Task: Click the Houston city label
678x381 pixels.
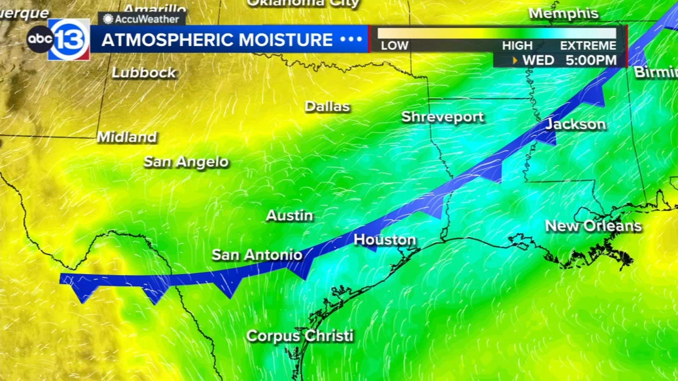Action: [x=385, y=240]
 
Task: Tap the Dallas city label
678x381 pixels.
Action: [x=327, y=106]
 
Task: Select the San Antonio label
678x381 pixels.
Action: [x=257, y=255]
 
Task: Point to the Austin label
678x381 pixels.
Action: [x=289, y=215]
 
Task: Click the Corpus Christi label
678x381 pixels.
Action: [x=300, y=336]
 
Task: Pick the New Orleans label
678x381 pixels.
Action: [x=593, y=226]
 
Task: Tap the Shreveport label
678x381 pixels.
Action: [x=442, y=117]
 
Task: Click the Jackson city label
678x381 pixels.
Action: [x=575, y=124]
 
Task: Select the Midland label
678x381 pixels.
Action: [x=127, y=137]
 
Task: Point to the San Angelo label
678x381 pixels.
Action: [x=186, y=162]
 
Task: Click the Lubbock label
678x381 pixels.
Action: [x=144, y=72]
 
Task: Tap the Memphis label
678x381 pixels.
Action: [x=563, y=13]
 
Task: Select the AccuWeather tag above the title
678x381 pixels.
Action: [x=142, y=19]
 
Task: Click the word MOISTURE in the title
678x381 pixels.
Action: [x=285, y=40]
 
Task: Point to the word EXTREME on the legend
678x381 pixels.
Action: [x=588, y=45]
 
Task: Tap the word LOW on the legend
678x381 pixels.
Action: [x=394, y=45]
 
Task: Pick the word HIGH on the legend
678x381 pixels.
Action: [x=517, y=45]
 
